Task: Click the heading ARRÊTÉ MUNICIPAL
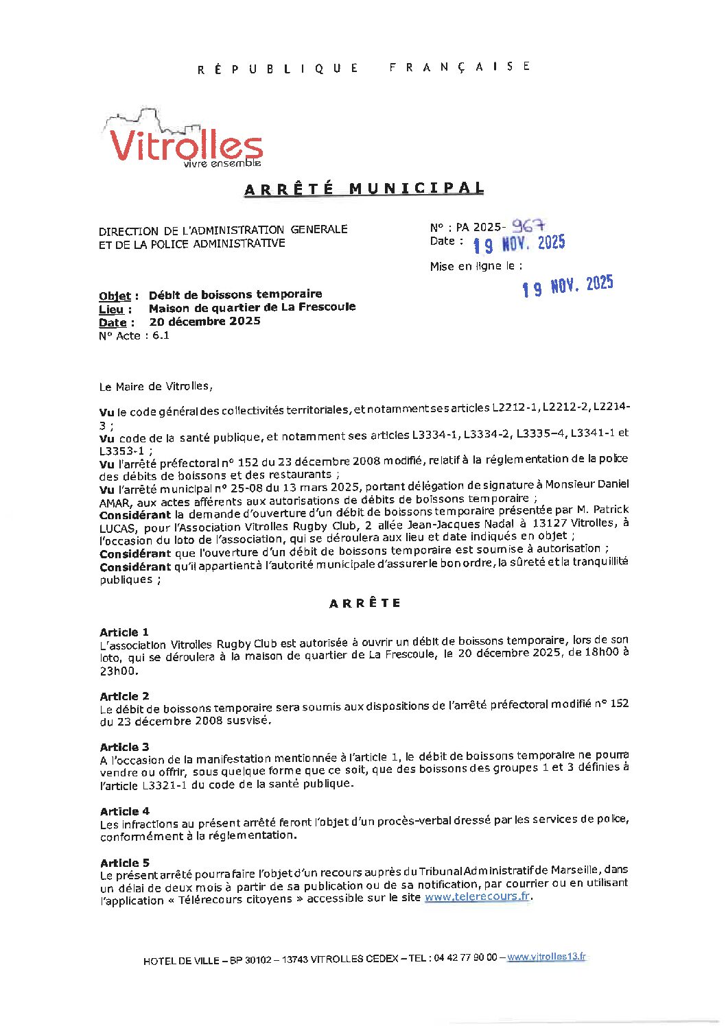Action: coord(364,189)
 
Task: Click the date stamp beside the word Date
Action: coord(519,243)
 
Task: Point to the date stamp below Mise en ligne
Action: coord(567,286)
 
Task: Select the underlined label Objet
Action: coord(115,296)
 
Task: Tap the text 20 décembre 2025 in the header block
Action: coord(204,322)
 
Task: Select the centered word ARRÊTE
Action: coord(364,604)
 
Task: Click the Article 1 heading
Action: coord(124,632)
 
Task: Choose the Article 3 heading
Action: coord(124,747)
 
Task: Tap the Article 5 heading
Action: coord(124,863)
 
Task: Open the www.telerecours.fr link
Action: coord(477,896)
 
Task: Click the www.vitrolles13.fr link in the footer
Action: coord(546,957)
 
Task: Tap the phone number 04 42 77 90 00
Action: coord(465,957)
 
